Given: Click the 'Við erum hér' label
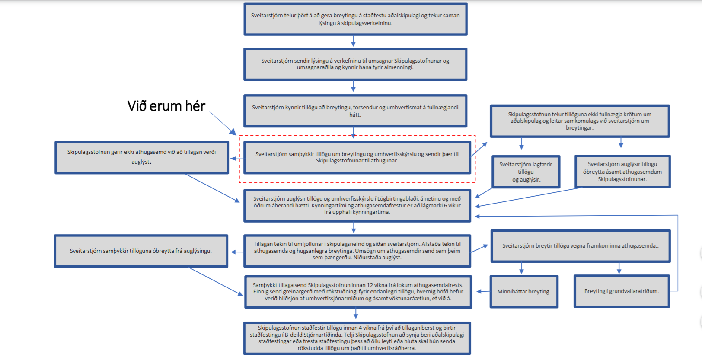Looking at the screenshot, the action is coord(166,106).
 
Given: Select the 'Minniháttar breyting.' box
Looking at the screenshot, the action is coord(524,291).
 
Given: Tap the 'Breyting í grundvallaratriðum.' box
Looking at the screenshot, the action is coord(622,291).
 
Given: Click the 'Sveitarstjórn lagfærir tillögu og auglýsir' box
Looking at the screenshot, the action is coord(526,172).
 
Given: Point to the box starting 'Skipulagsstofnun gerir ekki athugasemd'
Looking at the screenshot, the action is coord(142,157).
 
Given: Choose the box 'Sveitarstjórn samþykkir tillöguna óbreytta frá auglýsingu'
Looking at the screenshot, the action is coord(141,251).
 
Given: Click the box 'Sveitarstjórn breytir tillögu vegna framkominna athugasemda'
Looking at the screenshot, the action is coord(581,246).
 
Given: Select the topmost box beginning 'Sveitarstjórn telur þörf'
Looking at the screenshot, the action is coord(355,19).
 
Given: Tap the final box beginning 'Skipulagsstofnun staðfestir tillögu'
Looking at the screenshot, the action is coord(357,338).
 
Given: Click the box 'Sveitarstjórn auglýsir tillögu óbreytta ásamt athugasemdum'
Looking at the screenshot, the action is coord(622,172).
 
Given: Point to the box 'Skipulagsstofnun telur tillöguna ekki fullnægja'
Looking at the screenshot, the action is coord(580,121).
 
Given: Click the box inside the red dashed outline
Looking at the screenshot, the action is coord(357,157).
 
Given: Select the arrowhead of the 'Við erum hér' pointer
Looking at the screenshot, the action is coord(233,132).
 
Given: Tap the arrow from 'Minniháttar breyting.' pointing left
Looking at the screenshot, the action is coord(483,291).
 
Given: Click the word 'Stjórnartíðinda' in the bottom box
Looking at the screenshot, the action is coord(322,335).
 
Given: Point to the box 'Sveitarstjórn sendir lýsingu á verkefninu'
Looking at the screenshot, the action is coord(355,64).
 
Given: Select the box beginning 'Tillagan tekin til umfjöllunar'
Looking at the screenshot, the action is coord(357,251).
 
